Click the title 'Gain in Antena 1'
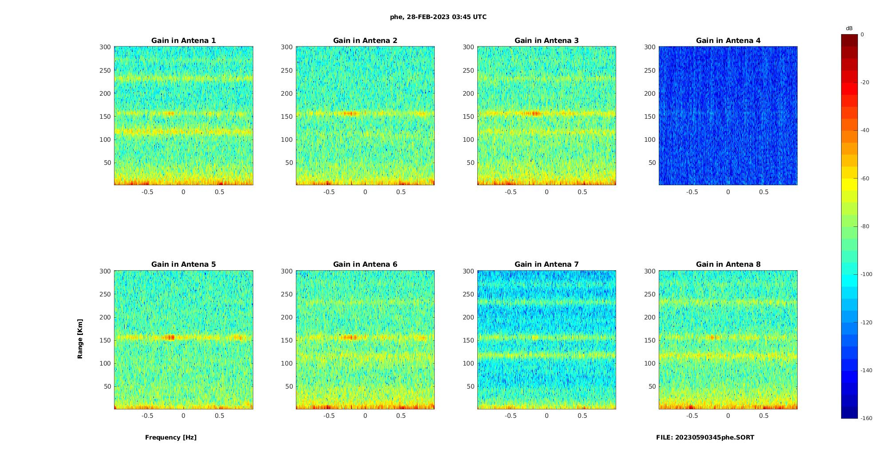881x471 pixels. pyautogui.click(x=183, y=40)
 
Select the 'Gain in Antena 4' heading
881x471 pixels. pyautogui.click(x=728, y=40)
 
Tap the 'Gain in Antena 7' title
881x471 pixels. pyautogui.click(x=547, y=264)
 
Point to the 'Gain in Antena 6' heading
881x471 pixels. pyautogui.click(x=365, y=264)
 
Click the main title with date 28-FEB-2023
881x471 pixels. pyautogui.click(x=438, y=17)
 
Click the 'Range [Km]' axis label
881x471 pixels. pyautogui.click(x=80, y=339)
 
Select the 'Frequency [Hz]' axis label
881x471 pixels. pyautogui.click(x=171, y=437)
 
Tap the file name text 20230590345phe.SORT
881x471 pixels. pyautogui.click(x=705, y=437)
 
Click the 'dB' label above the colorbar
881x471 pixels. pyautogui.click(x=849, y=28)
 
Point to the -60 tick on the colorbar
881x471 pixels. pyautogui.click(x=865, y=179)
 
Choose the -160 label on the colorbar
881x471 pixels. pyautogui.click(x=866, y=418)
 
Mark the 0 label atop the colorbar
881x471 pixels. pyautogui.click(x=862, y=35)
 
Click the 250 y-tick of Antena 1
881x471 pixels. pyautogui.click(x=105, y=70)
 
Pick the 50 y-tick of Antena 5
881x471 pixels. pyautogui.click(x=107, y=386)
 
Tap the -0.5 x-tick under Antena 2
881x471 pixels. pyautogui.click(x=329, y=192)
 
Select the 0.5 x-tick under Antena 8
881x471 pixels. pyautogui.click(x=763, y=416)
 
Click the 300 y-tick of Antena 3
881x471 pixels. pyautogui.click(x=468, y=47)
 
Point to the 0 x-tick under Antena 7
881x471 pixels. pyautogui.click(x=547, y=416)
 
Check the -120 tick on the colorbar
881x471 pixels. pyautogui.click(x=866, y=323)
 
